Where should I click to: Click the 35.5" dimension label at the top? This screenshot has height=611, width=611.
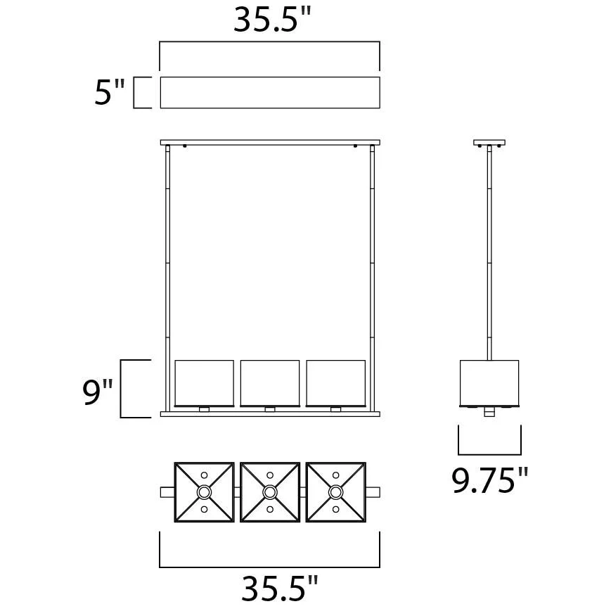pyautogui.click(x=272, y=20)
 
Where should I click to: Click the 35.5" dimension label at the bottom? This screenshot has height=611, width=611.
pyautogui.click(x=280, y=588)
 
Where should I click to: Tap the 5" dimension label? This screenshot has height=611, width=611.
pyautogui.click(x=110, y=92)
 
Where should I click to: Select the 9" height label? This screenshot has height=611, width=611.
pyautogui.click(x=98, y=392)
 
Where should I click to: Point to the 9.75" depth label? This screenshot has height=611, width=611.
pyautogui.click(x=490, y=480)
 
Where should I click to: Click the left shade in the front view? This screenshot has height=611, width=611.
pyautogui.click(x=204, y=383)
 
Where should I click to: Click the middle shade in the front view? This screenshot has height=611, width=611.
pyautogui.click(x=270, y=383)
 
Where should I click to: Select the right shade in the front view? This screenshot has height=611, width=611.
pyautogui.click(x=336, y=383)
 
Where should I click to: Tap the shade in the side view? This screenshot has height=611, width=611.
pyautogui.click(x=489, y=383)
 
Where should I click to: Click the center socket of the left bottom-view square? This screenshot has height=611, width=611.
pyautogui.click(x=204, y=492)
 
